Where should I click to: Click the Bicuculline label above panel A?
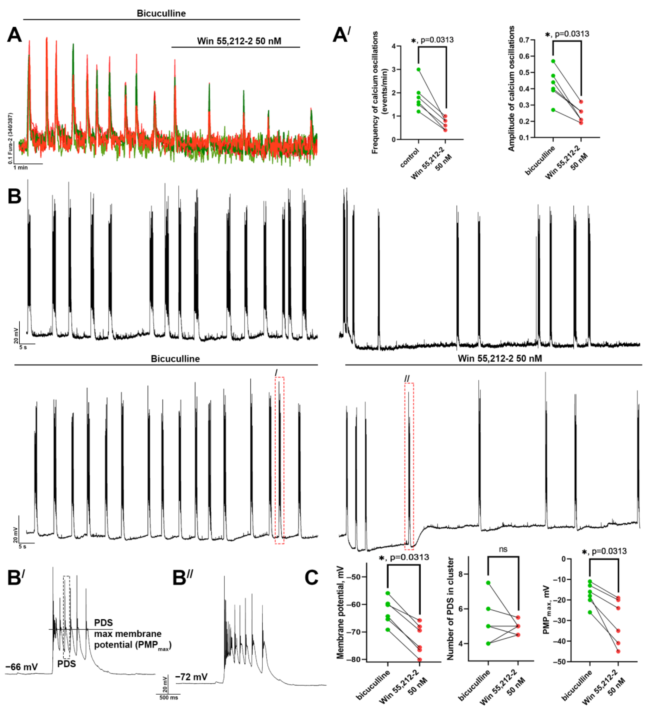(161, 13)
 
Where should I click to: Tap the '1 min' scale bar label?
(21, 168)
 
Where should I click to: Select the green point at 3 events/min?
(418, 70)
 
